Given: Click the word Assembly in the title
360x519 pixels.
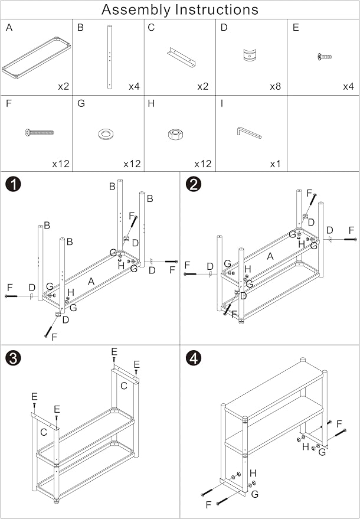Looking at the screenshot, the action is click(x=137, y=10).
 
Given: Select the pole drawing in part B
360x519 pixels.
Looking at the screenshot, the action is click(x=110, y=57).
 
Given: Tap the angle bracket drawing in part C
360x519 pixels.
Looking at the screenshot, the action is click(x=182, y=57).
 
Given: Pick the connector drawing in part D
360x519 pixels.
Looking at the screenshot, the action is click(x=249, y=55).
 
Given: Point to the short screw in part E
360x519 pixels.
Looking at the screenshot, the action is click(x=324, y=57).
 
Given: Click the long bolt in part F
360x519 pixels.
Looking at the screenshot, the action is click(x=39, y=132).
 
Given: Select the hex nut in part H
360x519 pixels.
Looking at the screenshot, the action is click(x=175, y=133).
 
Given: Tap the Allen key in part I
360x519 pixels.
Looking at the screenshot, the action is click(x=249, y=133).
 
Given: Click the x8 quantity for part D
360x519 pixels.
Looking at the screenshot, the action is click(x=275, y=87).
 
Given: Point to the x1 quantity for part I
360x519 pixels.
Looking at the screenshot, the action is click(x=275, y=164).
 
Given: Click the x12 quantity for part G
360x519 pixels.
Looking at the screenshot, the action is click(x=132, y=164).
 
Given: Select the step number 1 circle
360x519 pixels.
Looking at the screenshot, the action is click(x=13, y=184).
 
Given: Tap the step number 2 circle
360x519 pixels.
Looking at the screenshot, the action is click(x=194, y=184).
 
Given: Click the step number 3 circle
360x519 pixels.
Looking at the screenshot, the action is click(x=13, y=358).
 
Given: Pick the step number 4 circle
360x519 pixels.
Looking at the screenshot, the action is click(x=194, y=358).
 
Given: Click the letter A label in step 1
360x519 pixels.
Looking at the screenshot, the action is click(x=91, y=282).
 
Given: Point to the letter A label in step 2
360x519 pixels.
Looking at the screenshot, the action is click(x=270, y=256).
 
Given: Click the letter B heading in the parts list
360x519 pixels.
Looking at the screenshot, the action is click(x=80, y=28).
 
